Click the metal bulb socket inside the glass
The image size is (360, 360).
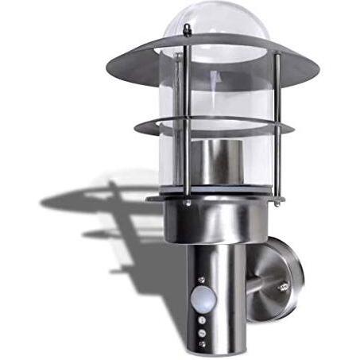pyautogui.click(x=212, y=163)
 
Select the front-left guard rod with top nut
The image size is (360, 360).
pyautogui.click(x=186, y=111)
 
